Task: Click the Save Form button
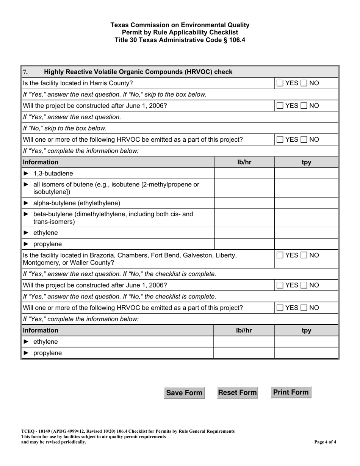point(184,393)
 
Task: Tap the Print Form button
point(291,392)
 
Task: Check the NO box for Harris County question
point(305,83)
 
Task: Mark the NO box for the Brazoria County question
point(305,255)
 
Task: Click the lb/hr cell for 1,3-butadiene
point(244,174)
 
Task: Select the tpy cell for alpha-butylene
point(306,203)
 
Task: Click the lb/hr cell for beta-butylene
point(244,218)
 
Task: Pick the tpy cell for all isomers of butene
point(306,188)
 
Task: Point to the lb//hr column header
point(244,330)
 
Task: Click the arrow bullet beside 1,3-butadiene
point(26,174)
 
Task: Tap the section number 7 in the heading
point(25,72)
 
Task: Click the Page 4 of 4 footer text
point(325,442)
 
